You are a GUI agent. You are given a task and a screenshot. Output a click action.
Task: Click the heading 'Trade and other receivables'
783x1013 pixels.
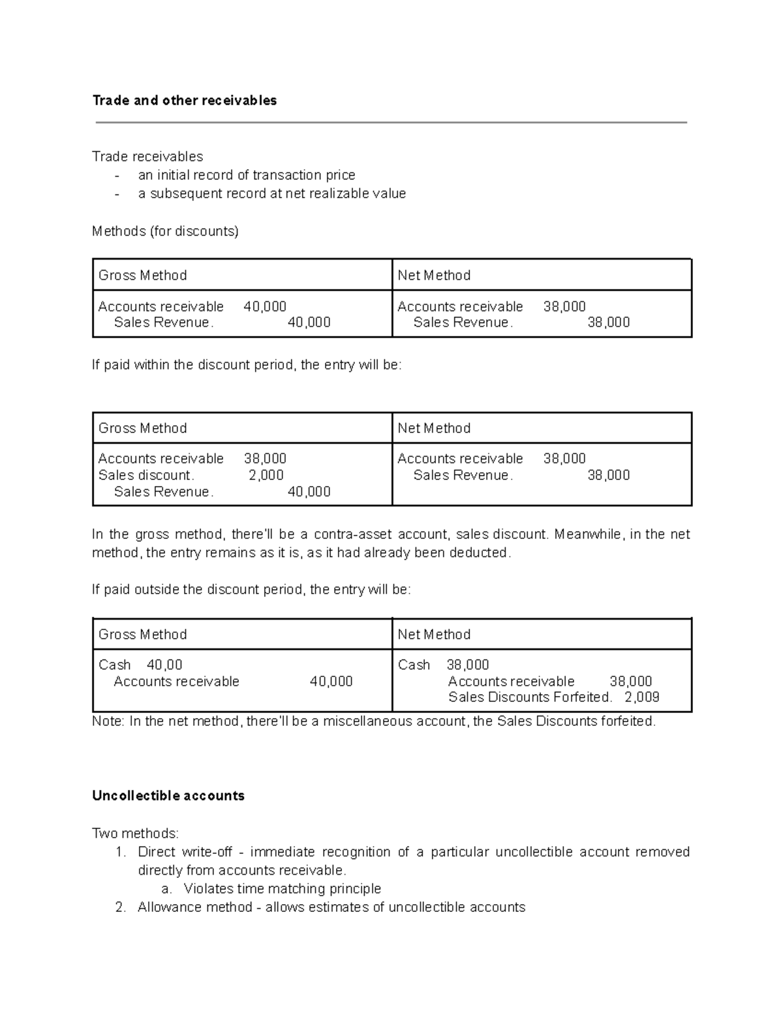tap(185, 100)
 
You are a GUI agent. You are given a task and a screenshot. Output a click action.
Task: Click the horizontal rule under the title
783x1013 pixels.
tap(391, 123)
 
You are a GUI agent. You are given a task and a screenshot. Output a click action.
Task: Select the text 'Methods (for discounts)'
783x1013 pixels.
tap(165, 232)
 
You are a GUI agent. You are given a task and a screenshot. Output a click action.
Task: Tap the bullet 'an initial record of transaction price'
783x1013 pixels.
tap(247, 175)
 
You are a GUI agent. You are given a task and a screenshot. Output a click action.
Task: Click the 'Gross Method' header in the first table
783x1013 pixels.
tap(143, 275)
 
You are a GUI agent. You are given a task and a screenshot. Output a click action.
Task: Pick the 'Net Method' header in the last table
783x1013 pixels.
tap(434, 635)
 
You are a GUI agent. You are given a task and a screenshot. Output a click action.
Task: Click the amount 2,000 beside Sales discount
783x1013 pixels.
tap(266, 476)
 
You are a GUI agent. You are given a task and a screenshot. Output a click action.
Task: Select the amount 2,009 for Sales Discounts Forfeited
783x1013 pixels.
tap(641, 697)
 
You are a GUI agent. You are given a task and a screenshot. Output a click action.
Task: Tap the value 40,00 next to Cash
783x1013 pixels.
tap(164, 665)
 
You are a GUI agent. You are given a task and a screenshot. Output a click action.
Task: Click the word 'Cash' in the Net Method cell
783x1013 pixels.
tap(414, 665)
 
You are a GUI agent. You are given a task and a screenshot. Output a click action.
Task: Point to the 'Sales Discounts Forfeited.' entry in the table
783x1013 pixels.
tap(530, 697)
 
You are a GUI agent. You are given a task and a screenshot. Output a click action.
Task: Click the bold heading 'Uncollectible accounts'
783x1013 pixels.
tap(168, 796)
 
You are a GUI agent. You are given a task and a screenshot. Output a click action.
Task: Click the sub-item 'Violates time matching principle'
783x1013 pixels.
tap(282, 889)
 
